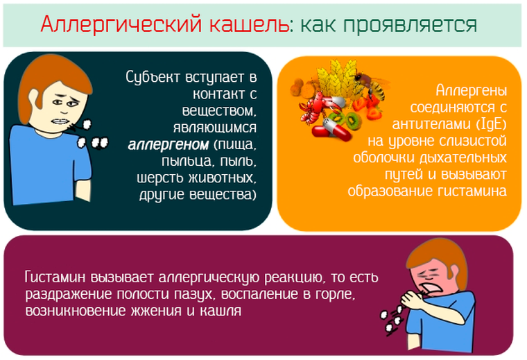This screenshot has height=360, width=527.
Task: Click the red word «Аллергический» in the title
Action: click(121, 24)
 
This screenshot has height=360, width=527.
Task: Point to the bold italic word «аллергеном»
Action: click(169, 144)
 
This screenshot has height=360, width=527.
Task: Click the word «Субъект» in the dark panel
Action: click(153, 77)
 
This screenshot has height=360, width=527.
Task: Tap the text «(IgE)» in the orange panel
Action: click(491, 124)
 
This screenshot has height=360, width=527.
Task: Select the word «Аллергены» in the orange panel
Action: click(472, 91)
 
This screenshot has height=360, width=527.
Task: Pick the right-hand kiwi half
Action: click(352, 119)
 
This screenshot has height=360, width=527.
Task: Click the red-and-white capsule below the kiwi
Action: click(331, 129)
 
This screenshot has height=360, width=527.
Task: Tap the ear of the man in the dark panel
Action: click(34, 98)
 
